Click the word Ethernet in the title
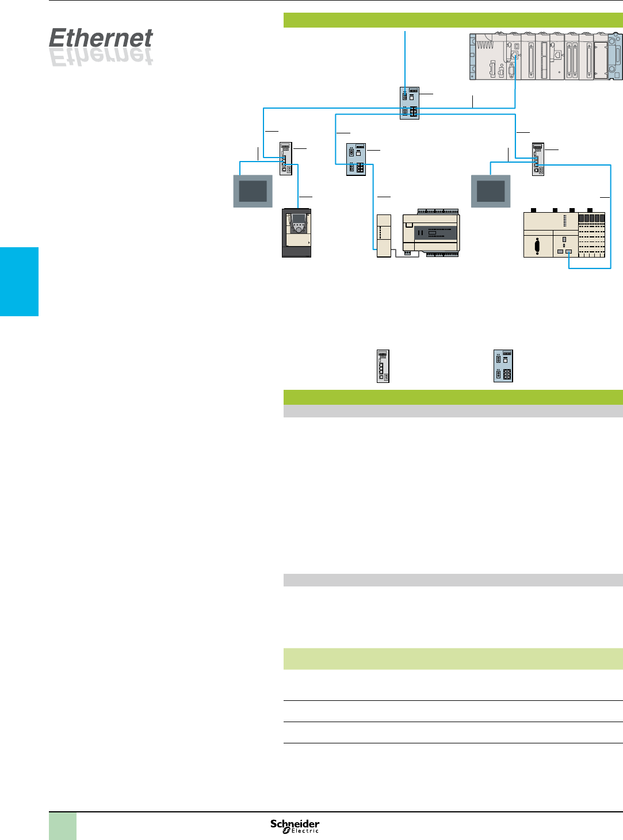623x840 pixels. (101, 39)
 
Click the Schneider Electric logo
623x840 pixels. (295, 826)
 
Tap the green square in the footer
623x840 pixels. (62, 826)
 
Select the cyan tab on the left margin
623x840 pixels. (19, 281)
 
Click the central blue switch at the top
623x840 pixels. (409, 103)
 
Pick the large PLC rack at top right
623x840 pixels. (545, 56)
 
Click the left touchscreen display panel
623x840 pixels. (253, 191)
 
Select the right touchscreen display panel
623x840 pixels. (491, 191)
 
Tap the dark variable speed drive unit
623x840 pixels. (296, 232)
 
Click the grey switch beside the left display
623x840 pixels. (286, 159)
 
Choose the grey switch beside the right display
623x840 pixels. (538, 159)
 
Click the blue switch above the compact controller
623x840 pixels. (356, 159)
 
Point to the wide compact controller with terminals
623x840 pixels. (430, 232)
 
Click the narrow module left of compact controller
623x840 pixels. (383, 235)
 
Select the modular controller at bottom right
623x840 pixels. (564, 235)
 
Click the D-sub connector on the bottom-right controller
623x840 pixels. (537, 246)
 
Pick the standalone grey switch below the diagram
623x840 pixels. (383, 366)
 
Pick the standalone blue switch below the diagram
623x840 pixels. (503, 366)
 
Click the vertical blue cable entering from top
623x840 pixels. (406, 57)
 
